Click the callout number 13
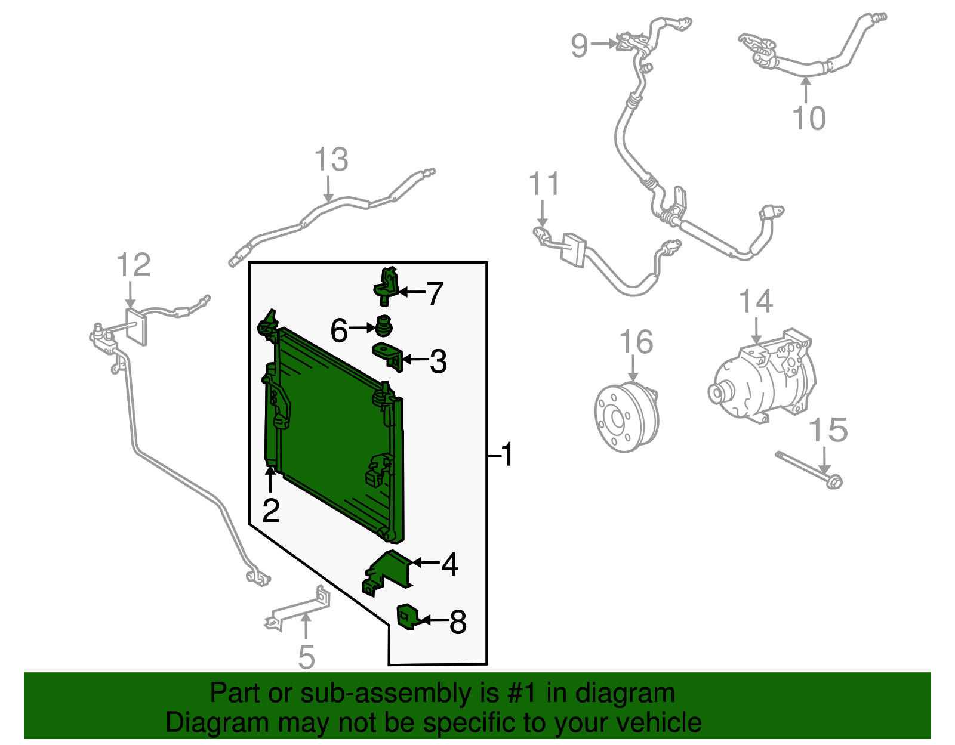click(331, 160)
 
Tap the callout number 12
click(133, 265)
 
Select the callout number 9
click(579, 45)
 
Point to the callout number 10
click(809, 118)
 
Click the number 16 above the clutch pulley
click(636, 342)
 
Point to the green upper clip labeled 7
click(386, 285)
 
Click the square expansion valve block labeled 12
click(137, 326)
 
